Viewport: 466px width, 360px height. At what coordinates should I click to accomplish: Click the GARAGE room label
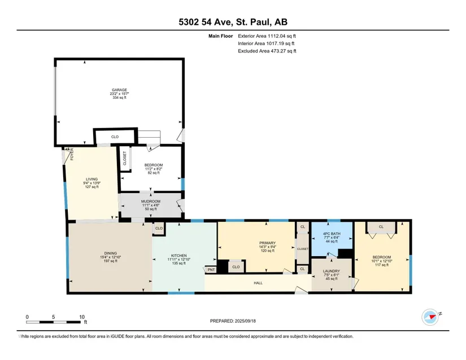(119, 90)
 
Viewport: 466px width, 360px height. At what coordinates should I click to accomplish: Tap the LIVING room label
(92, 179)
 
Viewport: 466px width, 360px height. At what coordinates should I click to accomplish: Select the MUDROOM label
(151, 201)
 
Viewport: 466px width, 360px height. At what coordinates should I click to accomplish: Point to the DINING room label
(110, 253)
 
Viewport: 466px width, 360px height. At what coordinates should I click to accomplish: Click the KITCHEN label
(178, 256)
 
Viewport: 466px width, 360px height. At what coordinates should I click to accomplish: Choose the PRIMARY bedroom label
(268, 243)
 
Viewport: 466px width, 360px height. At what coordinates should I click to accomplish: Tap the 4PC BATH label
(332, 234)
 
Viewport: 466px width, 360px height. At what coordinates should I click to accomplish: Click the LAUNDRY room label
(332, 271)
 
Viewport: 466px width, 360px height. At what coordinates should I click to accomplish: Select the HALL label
(258, 283)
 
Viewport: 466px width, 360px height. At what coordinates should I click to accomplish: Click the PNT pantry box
(211, 270)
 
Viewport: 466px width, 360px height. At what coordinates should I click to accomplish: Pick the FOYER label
(72, 155)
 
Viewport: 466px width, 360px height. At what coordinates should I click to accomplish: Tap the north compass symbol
(430, 317)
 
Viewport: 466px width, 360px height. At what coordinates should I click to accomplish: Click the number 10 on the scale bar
(82, 317)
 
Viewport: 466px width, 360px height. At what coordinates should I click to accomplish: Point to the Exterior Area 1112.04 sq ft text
(267, 36)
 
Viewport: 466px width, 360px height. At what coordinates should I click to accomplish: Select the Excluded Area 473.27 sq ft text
(267, 51)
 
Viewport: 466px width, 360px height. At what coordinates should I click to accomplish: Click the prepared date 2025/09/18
(245, 321)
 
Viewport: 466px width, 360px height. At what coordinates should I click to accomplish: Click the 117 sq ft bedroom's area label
(382, 265)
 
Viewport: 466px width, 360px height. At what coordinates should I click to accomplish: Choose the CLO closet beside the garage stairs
(115, 137)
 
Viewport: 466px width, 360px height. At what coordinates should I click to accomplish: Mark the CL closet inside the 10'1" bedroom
(381, 227)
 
